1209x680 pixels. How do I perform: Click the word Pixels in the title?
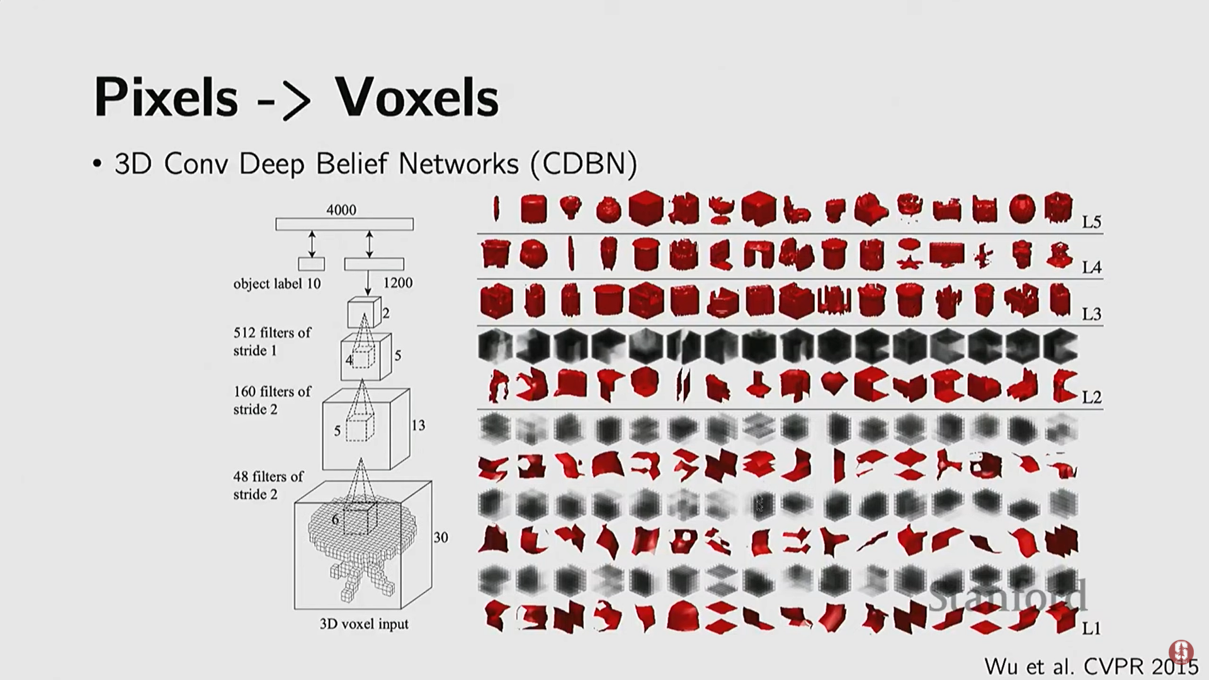pos(166,98)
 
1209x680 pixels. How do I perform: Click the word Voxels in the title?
pos(416,98)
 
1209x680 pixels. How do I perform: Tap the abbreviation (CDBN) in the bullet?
pos(583,164)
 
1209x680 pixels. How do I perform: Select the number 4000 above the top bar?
pos(341,210)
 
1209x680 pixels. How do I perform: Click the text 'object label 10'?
pos(277,284)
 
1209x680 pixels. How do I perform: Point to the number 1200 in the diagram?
pos(398,283)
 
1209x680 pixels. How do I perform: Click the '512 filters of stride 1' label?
pos(272,341)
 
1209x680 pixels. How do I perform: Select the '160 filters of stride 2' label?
pos(272,400)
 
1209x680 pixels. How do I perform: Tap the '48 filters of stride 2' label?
pos(268,485)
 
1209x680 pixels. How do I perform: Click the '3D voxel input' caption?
pos(364,625)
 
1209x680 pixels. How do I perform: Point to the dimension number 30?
pos(441,538)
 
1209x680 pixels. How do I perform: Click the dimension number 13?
pos(418,426)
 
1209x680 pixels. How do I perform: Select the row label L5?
pos(1091,222)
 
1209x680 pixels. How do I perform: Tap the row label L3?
pos(1091,314)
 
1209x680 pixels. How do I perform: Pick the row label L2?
pos(1091,397)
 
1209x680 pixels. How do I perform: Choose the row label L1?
pos(1091,628)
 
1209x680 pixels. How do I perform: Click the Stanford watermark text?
pos(1008,596)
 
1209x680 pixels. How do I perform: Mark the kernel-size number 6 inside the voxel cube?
pos(335,519)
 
